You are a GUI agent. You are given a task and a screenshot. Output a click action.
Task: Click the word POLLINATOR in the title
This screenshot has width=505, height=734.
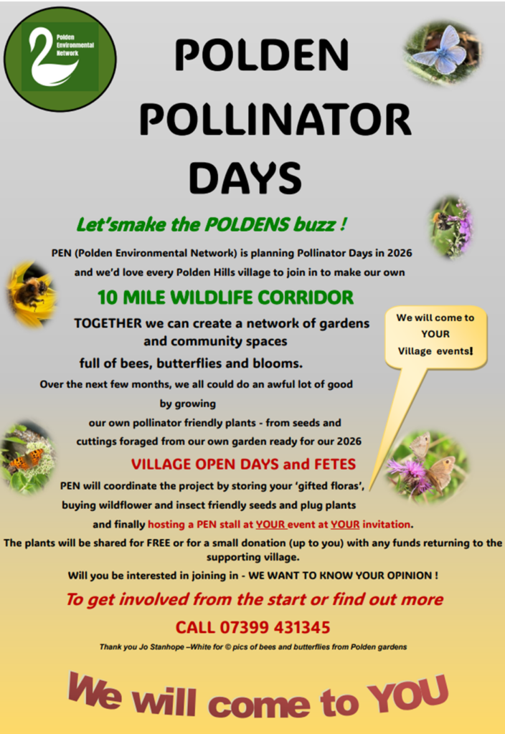(x=275, y=120)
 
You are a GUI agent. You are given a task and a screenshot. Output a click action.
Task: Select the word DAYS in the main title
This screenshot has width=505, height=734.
(x=245, y=178)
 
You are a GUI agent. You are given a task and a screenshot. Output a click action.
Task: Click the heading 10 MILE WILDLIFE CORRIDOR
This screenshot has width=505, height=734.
(x=225, y=297)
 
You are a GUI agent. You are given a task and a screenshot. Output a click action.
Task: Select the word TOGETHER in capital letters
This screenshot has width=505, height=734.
(x=108, y=323)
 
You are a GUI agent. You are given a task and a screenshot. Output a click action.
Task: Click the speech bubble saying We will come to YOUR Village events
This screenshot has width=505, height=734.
(x=435, y=335)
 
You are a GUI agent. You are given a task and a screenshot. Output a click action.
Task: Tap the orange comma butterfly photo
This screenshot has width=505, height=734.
(x=28, y=458)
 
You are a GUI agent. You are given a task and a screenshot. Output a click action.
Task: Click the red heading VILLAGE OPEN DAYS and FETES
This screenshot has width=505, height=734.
(x=244, y=464)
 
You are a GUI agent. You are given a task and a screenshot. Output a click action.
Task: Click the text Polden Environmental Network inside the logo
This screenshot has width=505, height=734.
(x=75, y=45)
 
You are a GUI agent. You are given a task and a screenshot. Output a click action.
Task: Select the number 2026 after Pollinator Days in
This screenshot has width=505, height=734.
(x=399, y=253)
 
